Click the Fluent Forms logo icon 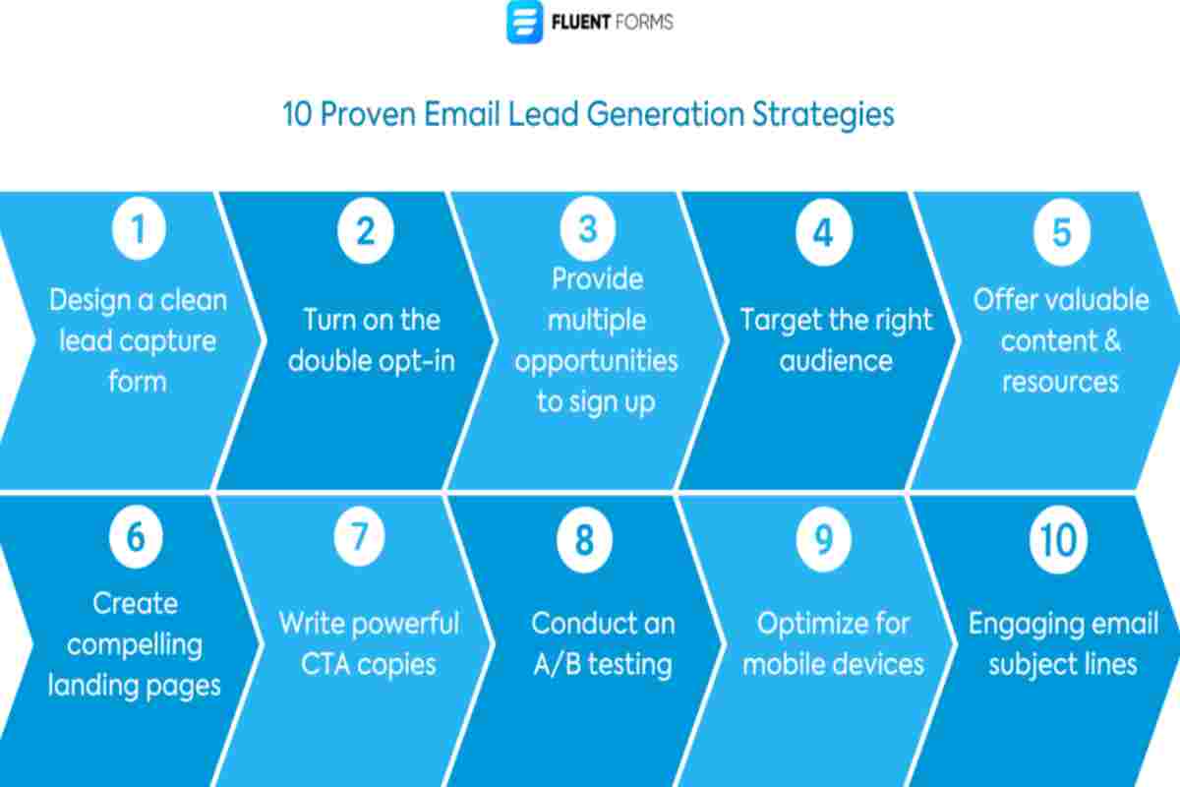(x=524, y=22)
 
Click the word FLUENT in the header (x=580, y=23)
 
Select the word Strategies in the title (x=823, y=114)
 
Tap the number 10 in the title (x=298, y=114)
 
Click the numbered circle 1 (x=139, y=228)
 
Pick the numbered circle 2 (x=366, y=230)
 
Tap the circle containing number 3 (x=588, y=228)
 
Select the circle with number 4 (x=823, y=232)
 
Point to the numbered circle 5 (x=1061, y=232)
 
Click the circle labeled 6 (x=136, y=536)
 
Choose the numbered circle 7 (x=359, y=536)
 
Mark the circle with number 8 (x=584, y=539)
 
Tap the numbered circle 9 (x=823, y=539)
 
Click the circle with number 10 (x=1058, y=539)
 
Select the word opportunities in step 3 (x=596, y=362)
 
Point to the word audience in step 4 (x=836, y=361)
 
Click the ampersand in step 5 (x=1111, y=340)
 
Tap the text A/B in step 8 (x=558, y=664)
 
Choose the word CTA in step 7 (x=324, y=664)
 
